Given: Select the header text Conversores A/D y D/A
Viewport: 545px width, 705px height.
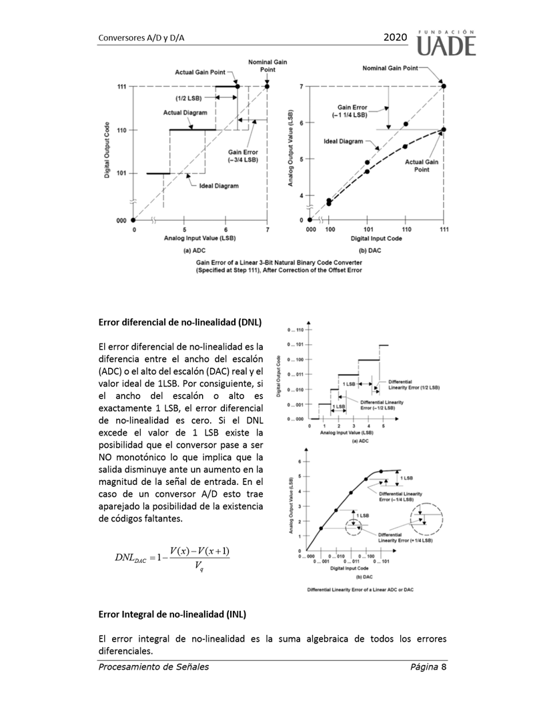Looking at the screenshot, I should (x=141, y=39).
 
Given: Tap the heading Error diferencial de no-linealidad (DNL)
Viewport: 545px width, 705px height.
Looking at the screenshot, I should (x=179, y=322).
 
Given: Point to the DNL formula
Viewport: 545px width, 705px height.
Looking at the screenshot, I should (x=172, y=557).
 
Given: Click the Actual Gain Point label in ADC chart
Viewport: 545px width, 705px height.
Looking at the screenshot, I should (x=201, y=71).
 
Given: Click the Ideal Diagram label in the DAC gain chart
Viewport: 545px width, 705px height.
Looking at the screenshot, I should (x=344, y=141).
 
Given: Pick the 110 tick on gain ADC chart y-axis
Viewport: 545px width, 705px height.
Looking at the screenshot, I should (x=122, y=130).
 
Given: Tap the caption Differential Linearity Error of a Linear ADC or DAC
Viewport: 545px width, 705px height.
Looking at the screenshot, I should (x=360, y=590).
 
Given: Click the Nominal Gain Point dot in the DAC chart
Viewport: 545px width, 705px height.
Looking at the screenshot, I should (x=444, y=86).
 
